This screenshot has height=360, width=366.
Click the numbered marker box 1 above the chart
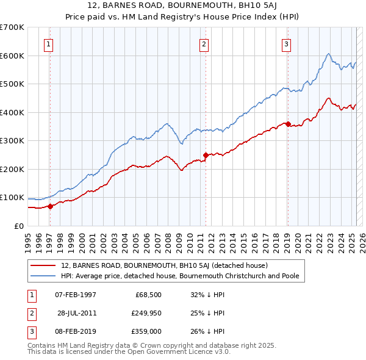pyautogui.click(x=48, y=43)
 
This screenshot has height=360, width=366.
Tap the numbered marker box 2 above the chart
pyautogui.click(x=204, y=43)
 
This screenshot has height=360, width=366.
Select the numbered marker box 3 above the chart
pyautogui.click(x=286, y=43)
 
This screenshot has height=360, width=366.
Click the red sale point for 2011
pyautogui.click(x=206, y=155)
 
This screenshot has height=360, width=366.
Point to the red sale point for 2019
pyautogui.click(x=288, y=124)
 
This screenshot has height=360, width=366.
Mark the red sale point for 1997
pyautogui.click(x=51, y=206)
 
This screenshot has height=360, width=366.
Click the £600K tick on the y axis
pyautogui.click(x=12, y=56)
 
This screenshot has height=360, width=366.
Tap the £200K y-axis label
pyautogui.click(x=12, y=169)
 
